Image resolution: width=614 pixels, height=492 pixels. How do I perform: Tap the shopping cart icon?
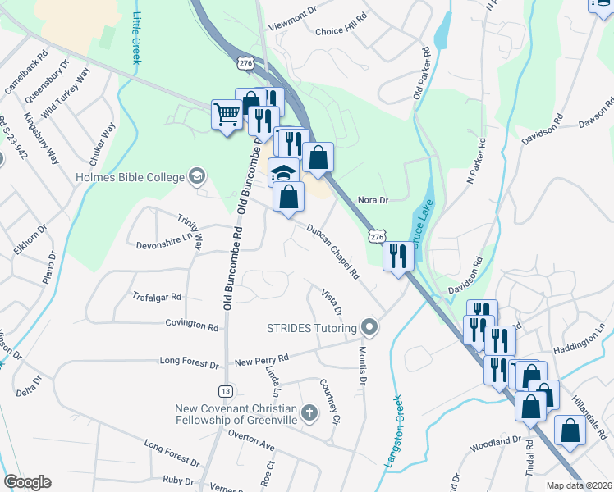click(227, 113)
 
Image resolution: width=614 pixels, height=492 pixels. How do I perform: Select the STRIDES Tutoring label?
click(312, 328)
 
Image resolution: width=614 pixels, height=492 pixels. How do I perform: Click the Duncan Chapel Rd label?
click(334, 253)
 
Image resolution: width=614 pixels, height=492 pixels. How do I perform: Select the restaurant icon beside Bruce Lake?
click(397, 256)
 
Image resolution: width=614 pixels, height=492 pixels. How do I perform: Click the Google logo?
click(27, 482)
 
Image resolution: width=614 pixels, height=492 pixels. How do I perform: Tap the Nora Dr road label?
click(373, 200)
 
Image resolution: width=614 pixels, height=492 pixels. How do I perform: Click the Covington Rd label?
click(192, 326)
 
